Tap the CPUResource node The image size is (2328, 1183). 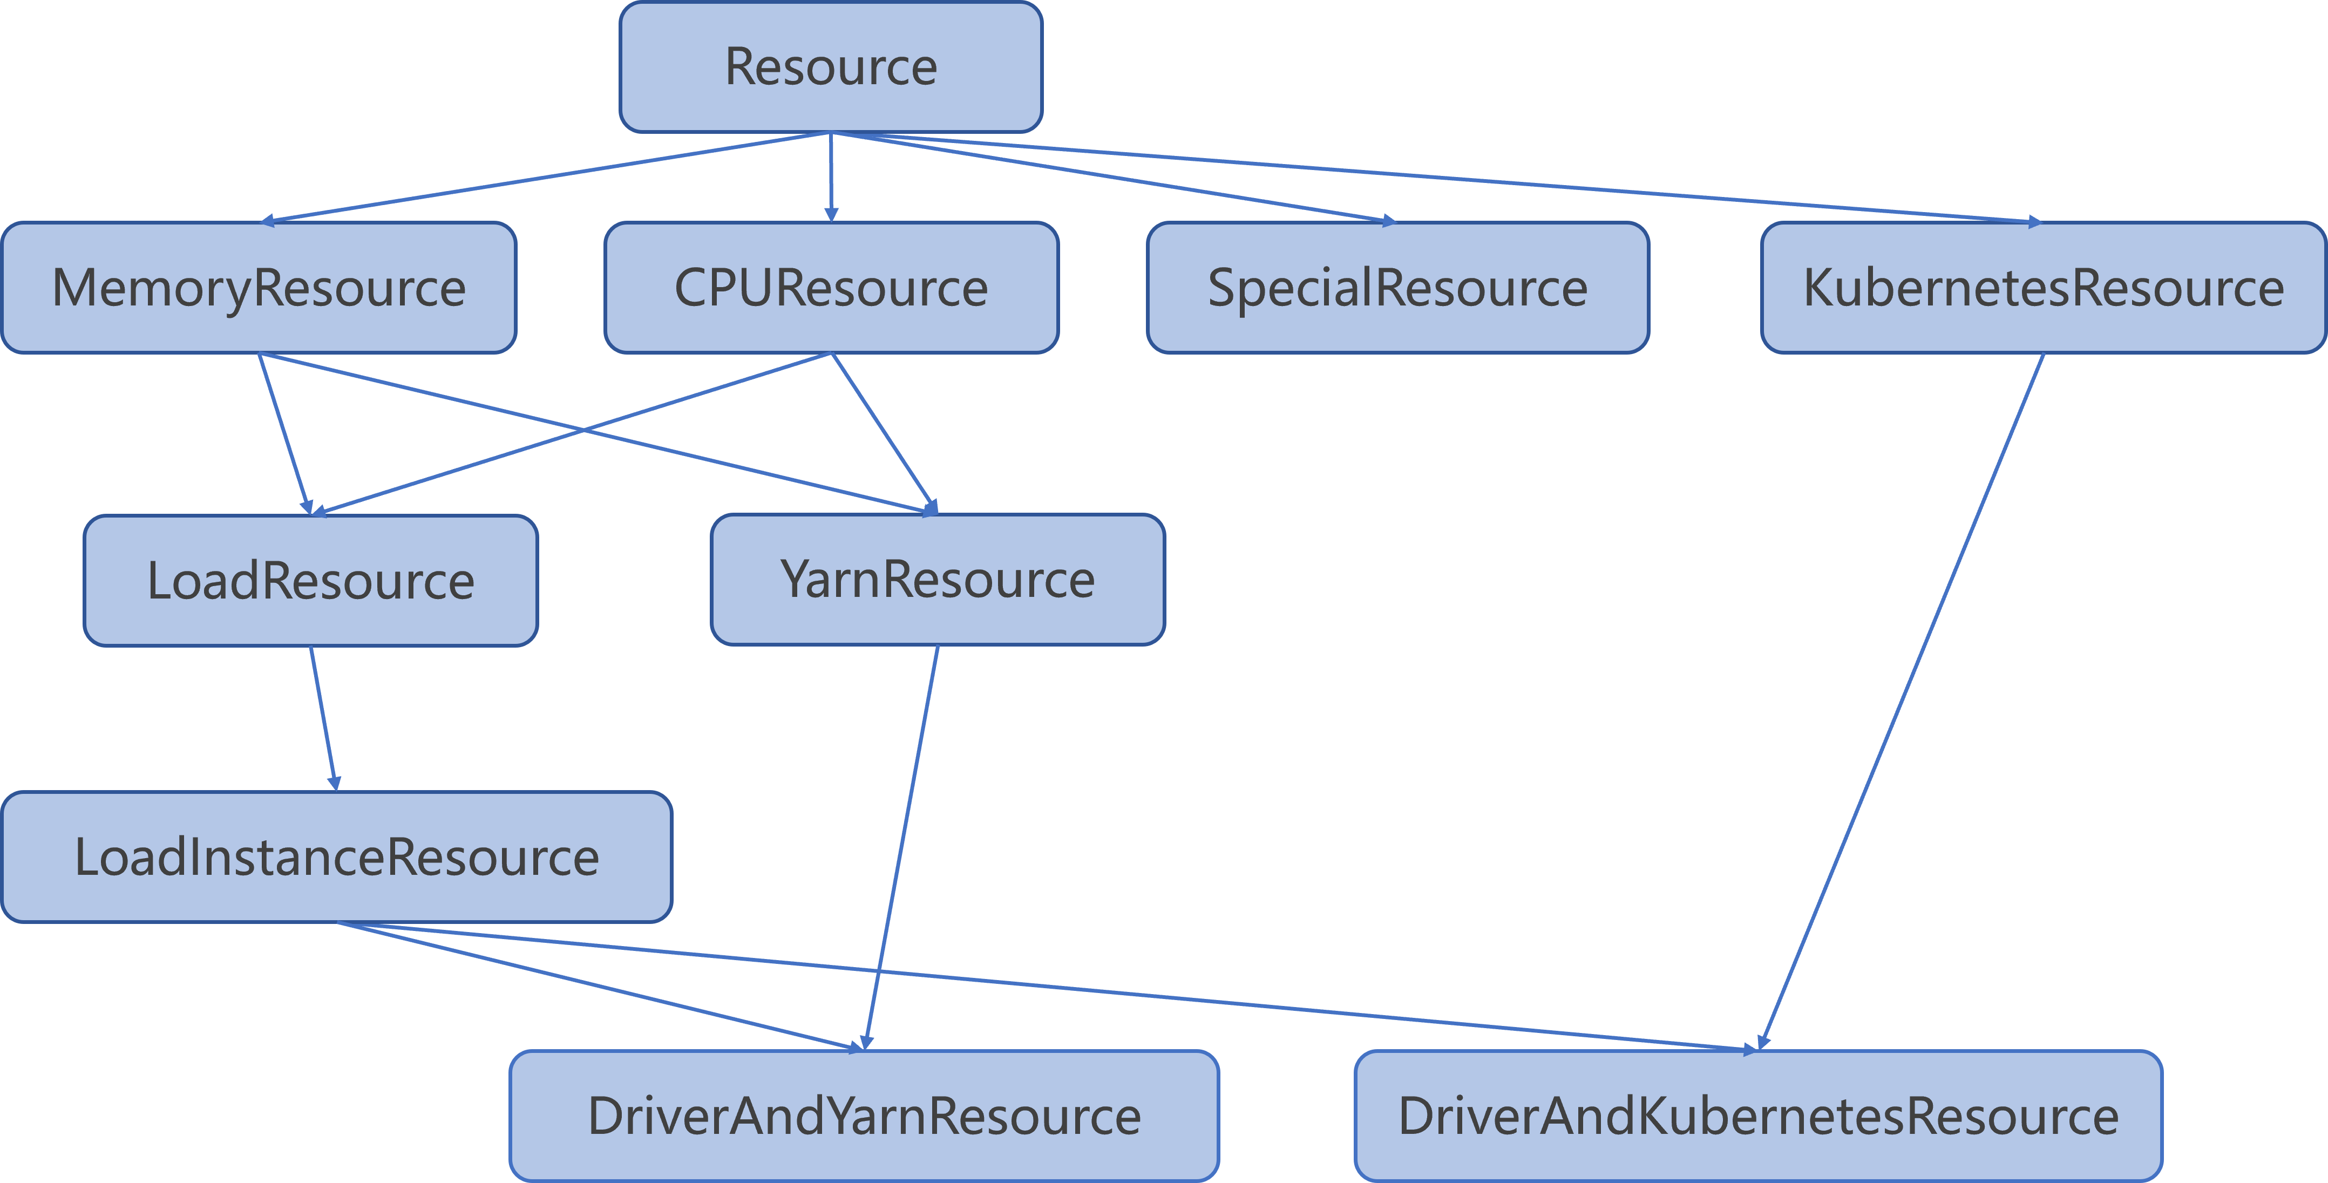point(831,288)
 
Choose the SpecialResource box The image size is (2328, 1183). point(1397,288)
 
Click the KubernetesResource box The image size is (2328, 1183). point(2042,288)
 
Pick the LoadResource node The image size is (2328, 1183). point(310,580)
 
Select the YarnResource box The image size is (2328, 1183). point(937,579)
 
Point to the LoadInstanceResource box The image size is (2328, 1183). point(336,856)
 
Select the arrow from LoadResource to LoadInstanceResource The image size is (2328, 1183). point(323,718)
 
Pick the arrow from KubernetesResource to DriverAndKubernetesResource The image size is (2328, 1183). point(1902,701)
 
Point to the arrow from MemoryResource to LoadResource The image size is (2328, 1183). point(284,434)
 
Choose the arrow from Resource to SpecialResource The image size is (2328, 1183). point(1111,177)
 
